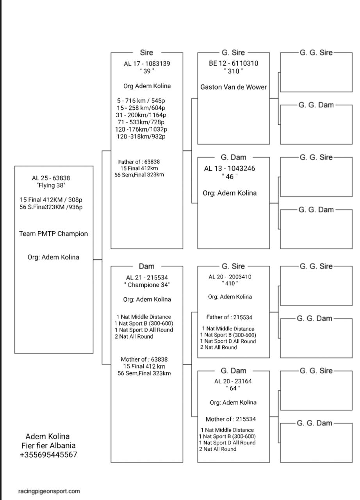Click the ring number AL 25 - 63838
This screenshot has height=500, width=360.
pos(51,178)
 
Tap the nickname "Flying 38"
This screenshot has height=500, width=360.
pos(51,185)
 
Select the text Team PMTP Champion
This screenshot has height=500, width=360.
pos(53,234)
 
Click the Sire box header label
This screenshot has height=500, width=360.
pos(146,52)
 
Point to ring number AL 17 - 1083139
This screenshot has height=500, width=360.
pos(147,64)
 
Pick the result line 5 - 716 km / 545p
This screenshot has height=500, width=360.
pos(141,101)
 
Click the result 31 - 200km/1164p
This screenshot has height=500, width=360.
pos(141,115)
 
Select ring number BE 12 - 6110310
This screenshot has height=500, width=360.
pos(233,63)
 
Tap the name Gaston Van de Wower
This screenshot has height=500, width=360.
pos(233,87)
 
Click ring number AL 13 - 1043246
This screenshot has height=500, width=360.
pos(230,168)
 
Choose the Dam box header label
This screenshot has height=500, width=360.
pos(146,266)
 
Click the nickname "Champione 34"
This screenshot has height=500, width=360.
pos(147,285)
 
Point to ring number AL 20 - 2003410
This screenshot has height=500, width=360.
pos(230,277)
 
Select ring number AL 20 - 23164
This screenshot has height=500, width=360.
pos(233,381)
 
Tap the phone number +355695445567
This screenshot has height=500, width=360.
pos(48,455)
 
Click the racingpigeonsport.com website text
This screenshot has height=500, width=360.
pos(49,491)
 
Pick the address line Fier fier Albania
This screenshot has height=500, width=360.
pos(48,445)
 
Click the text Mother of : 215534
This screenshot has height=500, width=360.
pos(231,419)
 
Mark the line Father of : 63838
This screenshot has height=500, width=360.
pos(139,162)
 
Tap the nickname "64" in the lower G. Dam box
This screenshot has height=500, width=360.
pos(233,388)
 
